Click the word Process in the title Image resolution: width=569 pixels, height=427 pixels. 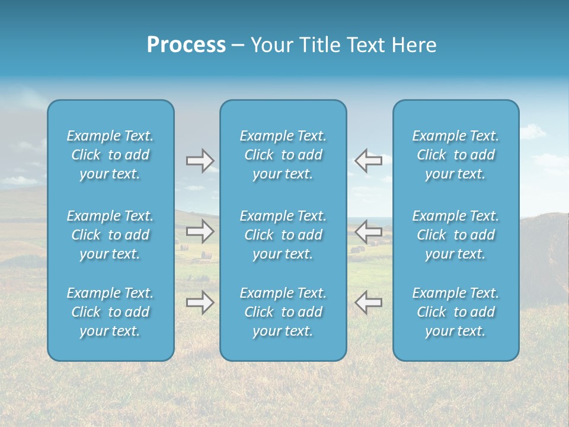click(x=186, y=45)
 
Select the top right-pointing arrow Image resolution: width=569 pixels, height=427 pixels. click(x=200, y=161)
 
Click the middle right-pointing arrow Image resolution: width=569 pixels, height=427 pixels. click(x=200, y=231)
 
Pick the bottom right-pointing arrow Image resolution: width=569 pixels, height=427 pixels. click(x=200, y=302)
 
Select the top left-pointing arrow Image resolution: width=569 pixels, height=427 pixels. click(x=368, y=161)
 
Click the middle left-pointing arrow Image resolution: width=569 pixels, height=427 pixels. click(x=368, y=231)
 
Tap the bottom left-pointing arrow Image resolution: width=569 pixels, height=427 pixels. click(x=368, y=302)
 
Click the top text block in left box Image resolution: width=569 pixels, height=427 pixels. click(x=110, y=155)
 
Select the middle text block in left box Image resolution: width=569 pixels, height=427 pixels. click(x=110, y=235)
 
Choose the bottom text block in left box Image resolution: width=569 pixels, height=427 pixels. click(x=110, y=312)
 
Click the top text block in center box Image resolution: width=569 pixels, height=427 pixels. click(x=283, y=155)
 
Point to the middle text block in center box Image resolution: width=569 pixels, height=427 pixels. click(x=283, y=235)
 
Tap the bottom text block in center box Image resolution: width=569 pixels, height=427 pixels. click(x=283, y=312)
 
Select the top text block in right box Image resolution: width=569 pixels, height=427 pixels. click(x=456, y=155)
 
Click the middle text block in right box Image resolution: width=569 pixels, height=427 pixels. click(x=456, y=235)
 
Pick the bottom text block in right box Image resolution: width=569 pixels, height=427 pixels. click(x=456, y=312)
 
